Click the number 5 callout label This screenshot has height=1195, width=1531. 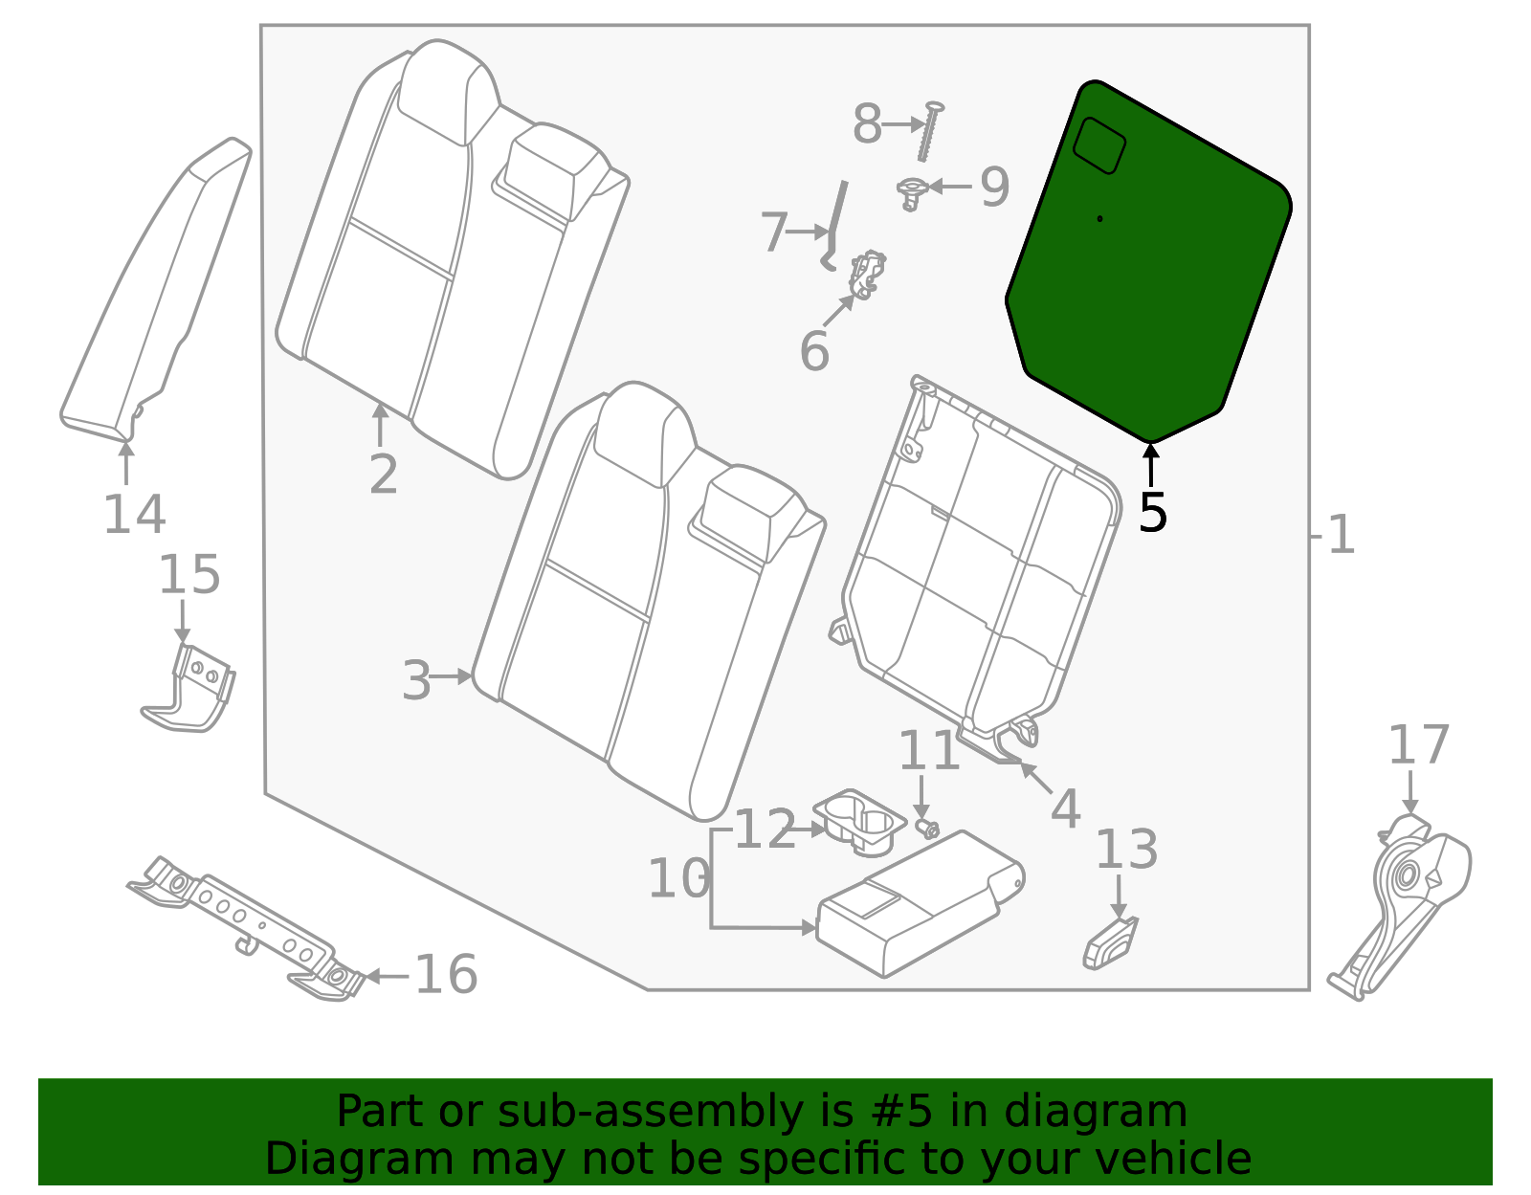point(1153,512)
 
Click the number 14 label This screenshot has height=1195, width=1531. point(134,514)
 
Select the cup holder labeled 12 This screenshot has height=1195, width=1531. point(859,821)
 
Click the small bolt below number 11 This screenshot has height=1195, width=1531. point(926,828)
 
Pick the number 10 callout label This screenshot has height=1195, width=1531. point(678,878)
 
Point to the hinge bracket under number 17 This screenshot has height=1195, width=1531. point(1405,899)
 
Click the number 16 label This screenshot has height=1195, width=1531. point(446,974)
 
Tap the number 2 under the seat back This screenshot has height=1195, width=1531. point(383,474)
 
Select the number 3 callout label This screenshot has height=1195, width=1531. point(416,680)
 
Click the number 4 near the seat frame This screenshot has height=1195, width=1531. point(1065,809)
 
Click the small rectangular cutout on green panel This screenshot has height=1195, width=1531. point(1098,145)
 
